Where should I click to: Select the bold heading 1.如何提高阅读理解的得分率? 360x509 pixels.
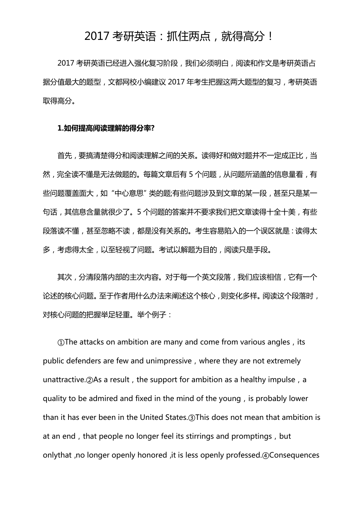[x=106, y=129]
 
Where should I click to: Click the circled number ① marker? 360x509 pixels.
[x=61, y=342]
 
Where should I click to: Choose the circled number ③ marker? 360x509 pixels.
[x=192, y=418]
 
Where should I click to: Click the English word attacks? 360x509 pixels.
[x=92, y=342]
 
